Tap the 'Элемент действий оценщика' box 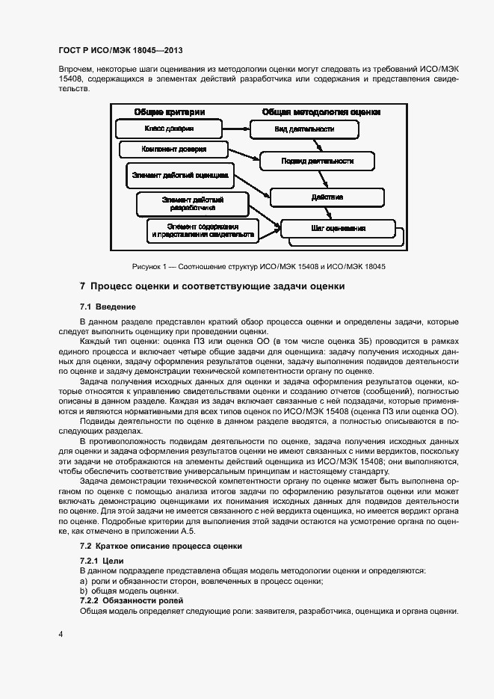[x=179, y=176]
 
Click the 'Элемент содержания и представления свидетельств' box [x=203, y=230]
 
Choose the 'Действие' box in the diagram [x=327, y=197]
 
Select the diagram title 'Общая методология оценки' [x=321, y=111]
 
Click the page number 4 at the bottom [x=61, y=634]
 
